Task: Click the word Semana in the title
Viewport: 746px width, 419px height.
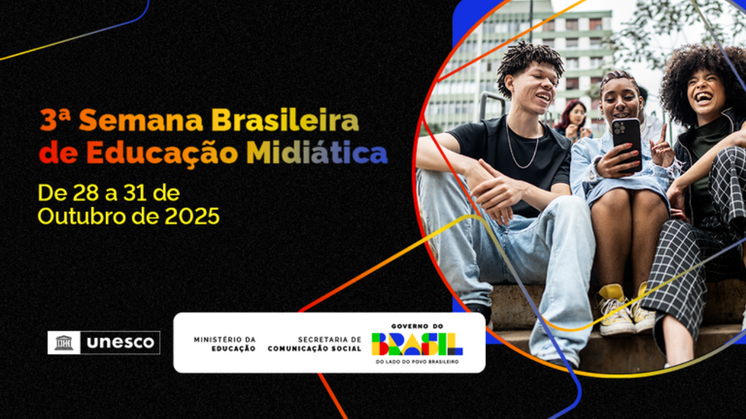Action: coord(141,120)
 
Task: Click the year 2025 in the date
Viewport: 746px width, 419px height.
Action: coord(192,216)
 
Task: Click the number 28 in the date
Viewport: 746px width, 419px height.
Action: coord(85,193)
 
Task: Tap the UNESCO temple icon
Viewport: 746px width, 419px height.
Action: coord(64,343)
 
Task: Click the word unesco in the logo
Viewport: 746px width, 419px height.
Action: coord(121,343)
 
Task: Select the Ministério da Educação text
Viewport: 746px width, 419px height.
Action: coord(225,344)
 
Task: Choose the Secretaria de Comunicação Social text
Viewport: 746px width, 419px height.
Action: coord(315,344)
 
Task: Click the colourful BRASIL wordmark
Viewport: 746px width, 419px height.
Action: coord(417,344)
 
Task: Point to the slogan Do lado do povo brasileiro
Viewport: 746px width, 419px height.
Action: coord(417,362)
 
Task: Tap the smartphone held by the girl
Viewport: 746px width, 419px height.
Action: coord(627,143)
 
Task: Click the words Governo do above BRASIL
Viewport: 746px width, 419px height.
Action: coord(417,326)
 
